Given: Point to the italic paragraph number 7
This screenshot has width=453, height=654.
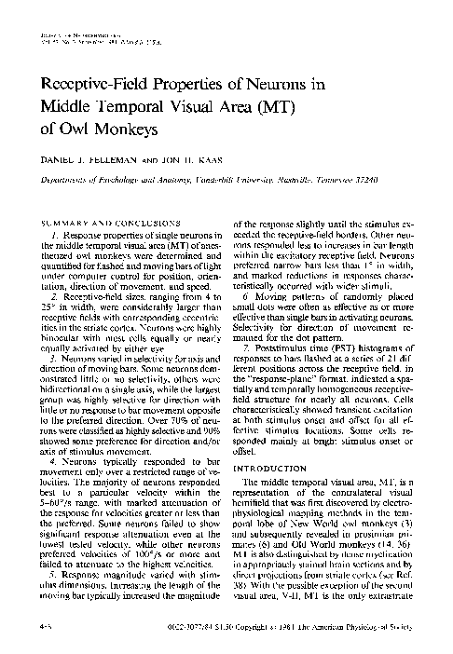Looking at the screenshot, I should tap(248, 357).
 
